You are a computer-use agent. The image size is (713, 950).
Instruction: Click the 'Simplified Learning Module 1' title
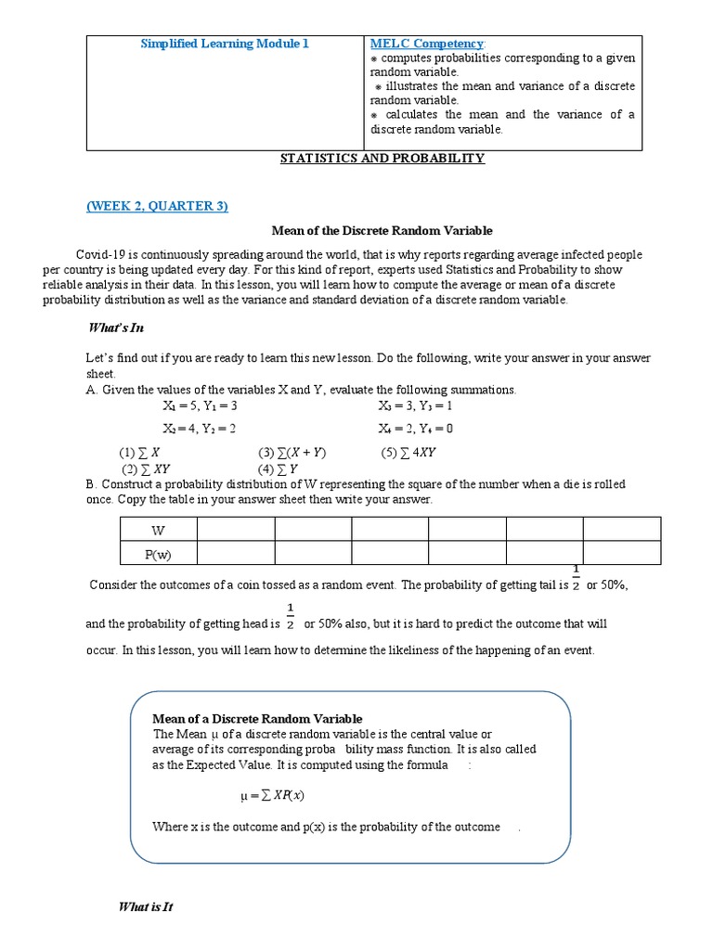tap(225, 44)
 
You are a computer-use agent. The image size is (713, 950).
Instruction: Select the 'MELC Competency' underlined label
tap(427, 44)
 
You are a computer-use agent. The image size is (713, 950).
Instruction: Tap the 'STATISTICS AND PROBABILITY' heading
tap(382, 159)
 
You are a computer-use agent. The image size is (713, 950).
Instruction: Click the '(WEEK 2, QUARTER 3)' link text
tap(158, 206)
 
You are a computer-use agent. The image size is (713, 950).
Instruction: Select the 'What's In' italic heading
tap(116, 327)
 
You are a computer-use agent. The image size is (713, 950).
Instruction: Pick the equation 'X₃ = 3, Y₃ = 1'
tap(415, 406)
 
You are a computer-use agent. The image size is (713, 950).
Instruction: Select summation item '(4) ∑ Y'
tap(279, 469)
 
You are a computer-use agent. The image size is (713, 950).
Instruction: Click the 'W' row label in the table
tap(158, 529)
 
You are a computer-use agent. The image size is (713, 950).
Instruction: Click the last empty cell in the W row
tap(621, 529)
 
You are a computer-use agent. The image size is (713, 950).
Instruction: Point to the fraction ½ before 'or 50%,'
tap(576, 577)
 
